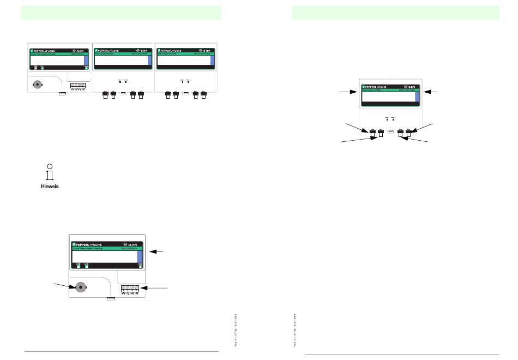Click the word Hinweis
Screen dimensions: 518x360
[x=50, y=187]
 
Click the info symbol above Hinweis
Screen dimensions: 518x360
[x=49, y=172]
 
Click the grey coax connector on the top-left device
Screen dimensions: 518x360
[x=38, y=85]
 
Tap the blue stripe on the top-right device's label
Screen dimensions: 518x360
[x=213, y=59]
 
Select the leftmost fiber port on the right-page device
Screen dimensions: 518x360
[x=374, y=131]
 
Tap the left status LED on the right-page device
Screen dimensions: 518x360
[x=387, y=119]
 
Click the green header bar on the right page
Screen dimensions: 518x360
[x=395, y=13]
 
